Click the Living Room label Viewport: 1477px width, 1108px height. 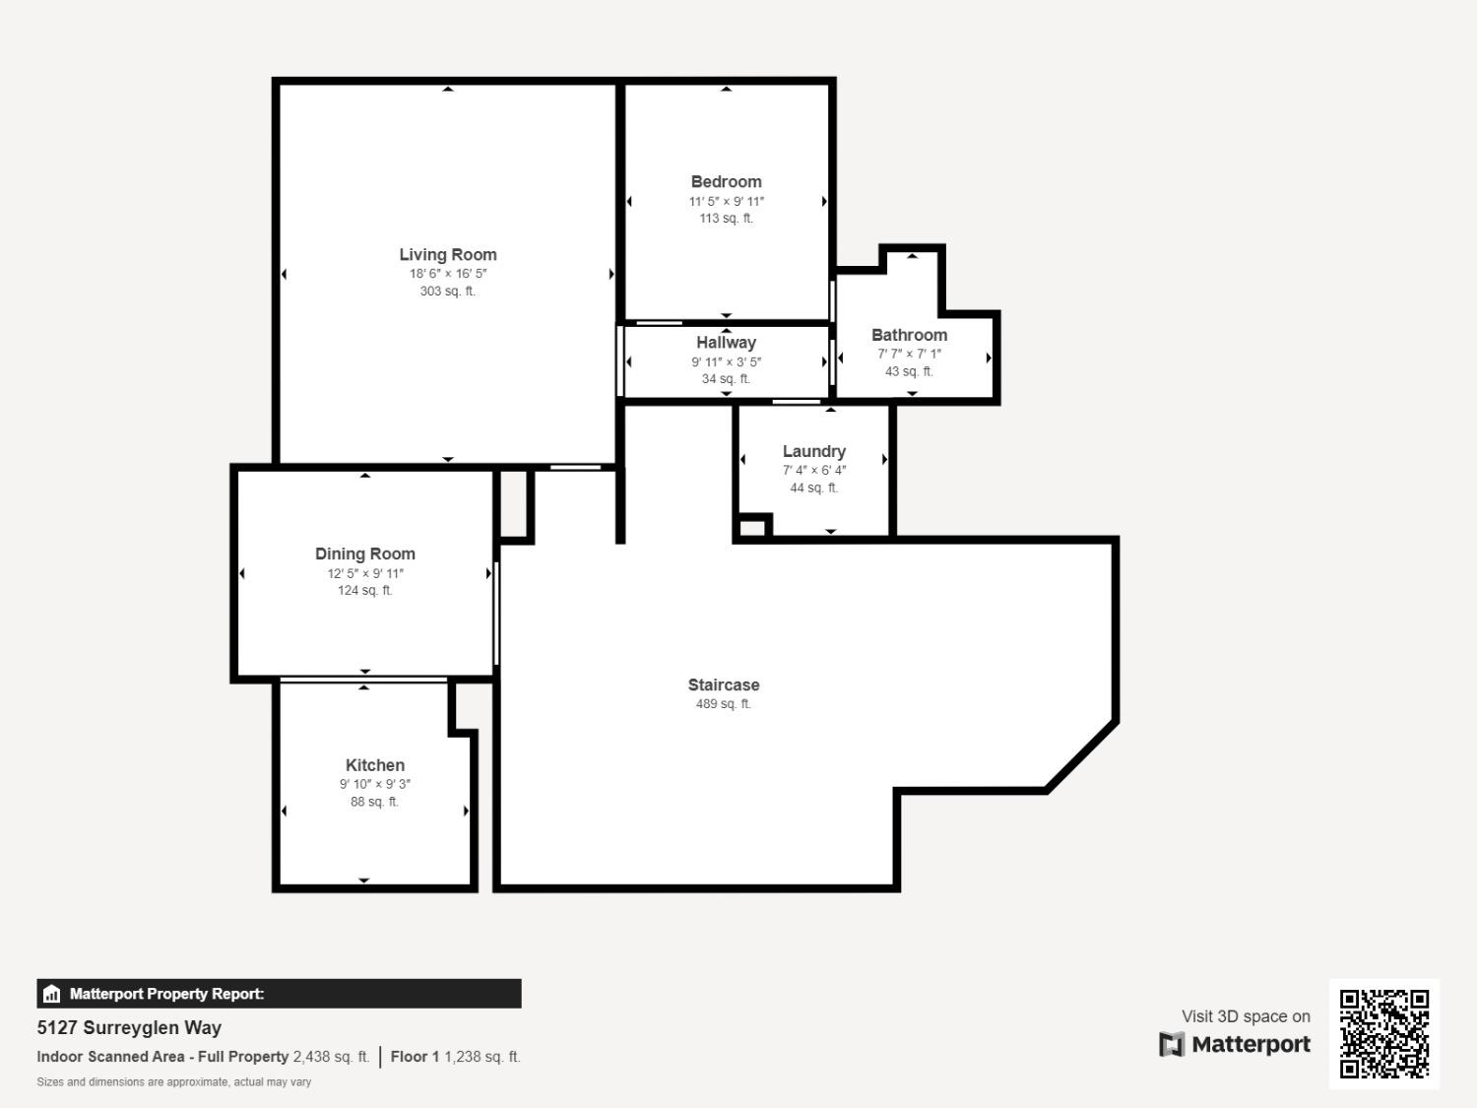coord(448,254)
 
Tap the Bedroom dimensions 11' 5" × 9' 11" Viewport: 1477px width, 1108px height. coord(726,201)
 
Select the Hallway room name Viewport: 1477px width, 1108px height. coord(726,343)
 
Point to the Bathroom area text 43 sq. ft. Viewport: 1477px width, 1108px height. coord(908,371)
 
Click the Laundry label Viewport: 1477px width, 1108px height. coord(813,451)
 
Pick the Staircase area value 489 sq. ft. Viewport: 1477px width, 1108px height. coord(723,703)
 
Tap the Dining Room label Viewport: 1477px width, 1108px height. coord(364,554)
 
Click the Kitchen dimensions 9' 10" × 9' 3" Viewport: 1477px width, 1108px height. coord(374,784)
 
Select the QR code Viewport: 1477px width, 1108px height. coord(1383,1033)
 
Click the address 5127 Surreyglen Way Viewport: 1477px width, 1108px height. coord(129,1027)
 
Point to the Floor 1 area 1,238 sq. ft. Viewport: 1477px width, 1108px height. coord(482,1057)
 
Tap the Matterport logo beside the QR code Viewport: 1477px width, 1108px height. coord(1235,1044)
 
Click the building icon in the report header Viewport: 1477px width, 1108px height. coord(52,994)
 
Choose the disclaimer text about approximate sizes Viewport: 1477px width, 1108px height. coord(173,1081)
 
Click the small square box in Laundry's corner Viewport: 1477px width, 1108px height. coord(752,528)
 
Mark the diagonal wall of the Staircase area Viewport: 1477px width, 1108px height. coord(1081,756)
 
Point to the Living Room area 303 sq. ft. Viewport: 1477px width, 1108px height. coord(447,292)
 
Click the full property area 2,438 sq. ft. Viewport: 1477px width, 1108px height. coord(331,1057)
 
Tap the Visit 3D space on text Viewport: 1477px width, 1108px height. coord(1246,1016)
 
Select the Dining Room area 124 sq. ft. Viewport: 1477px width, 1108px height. coord(364,591)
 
